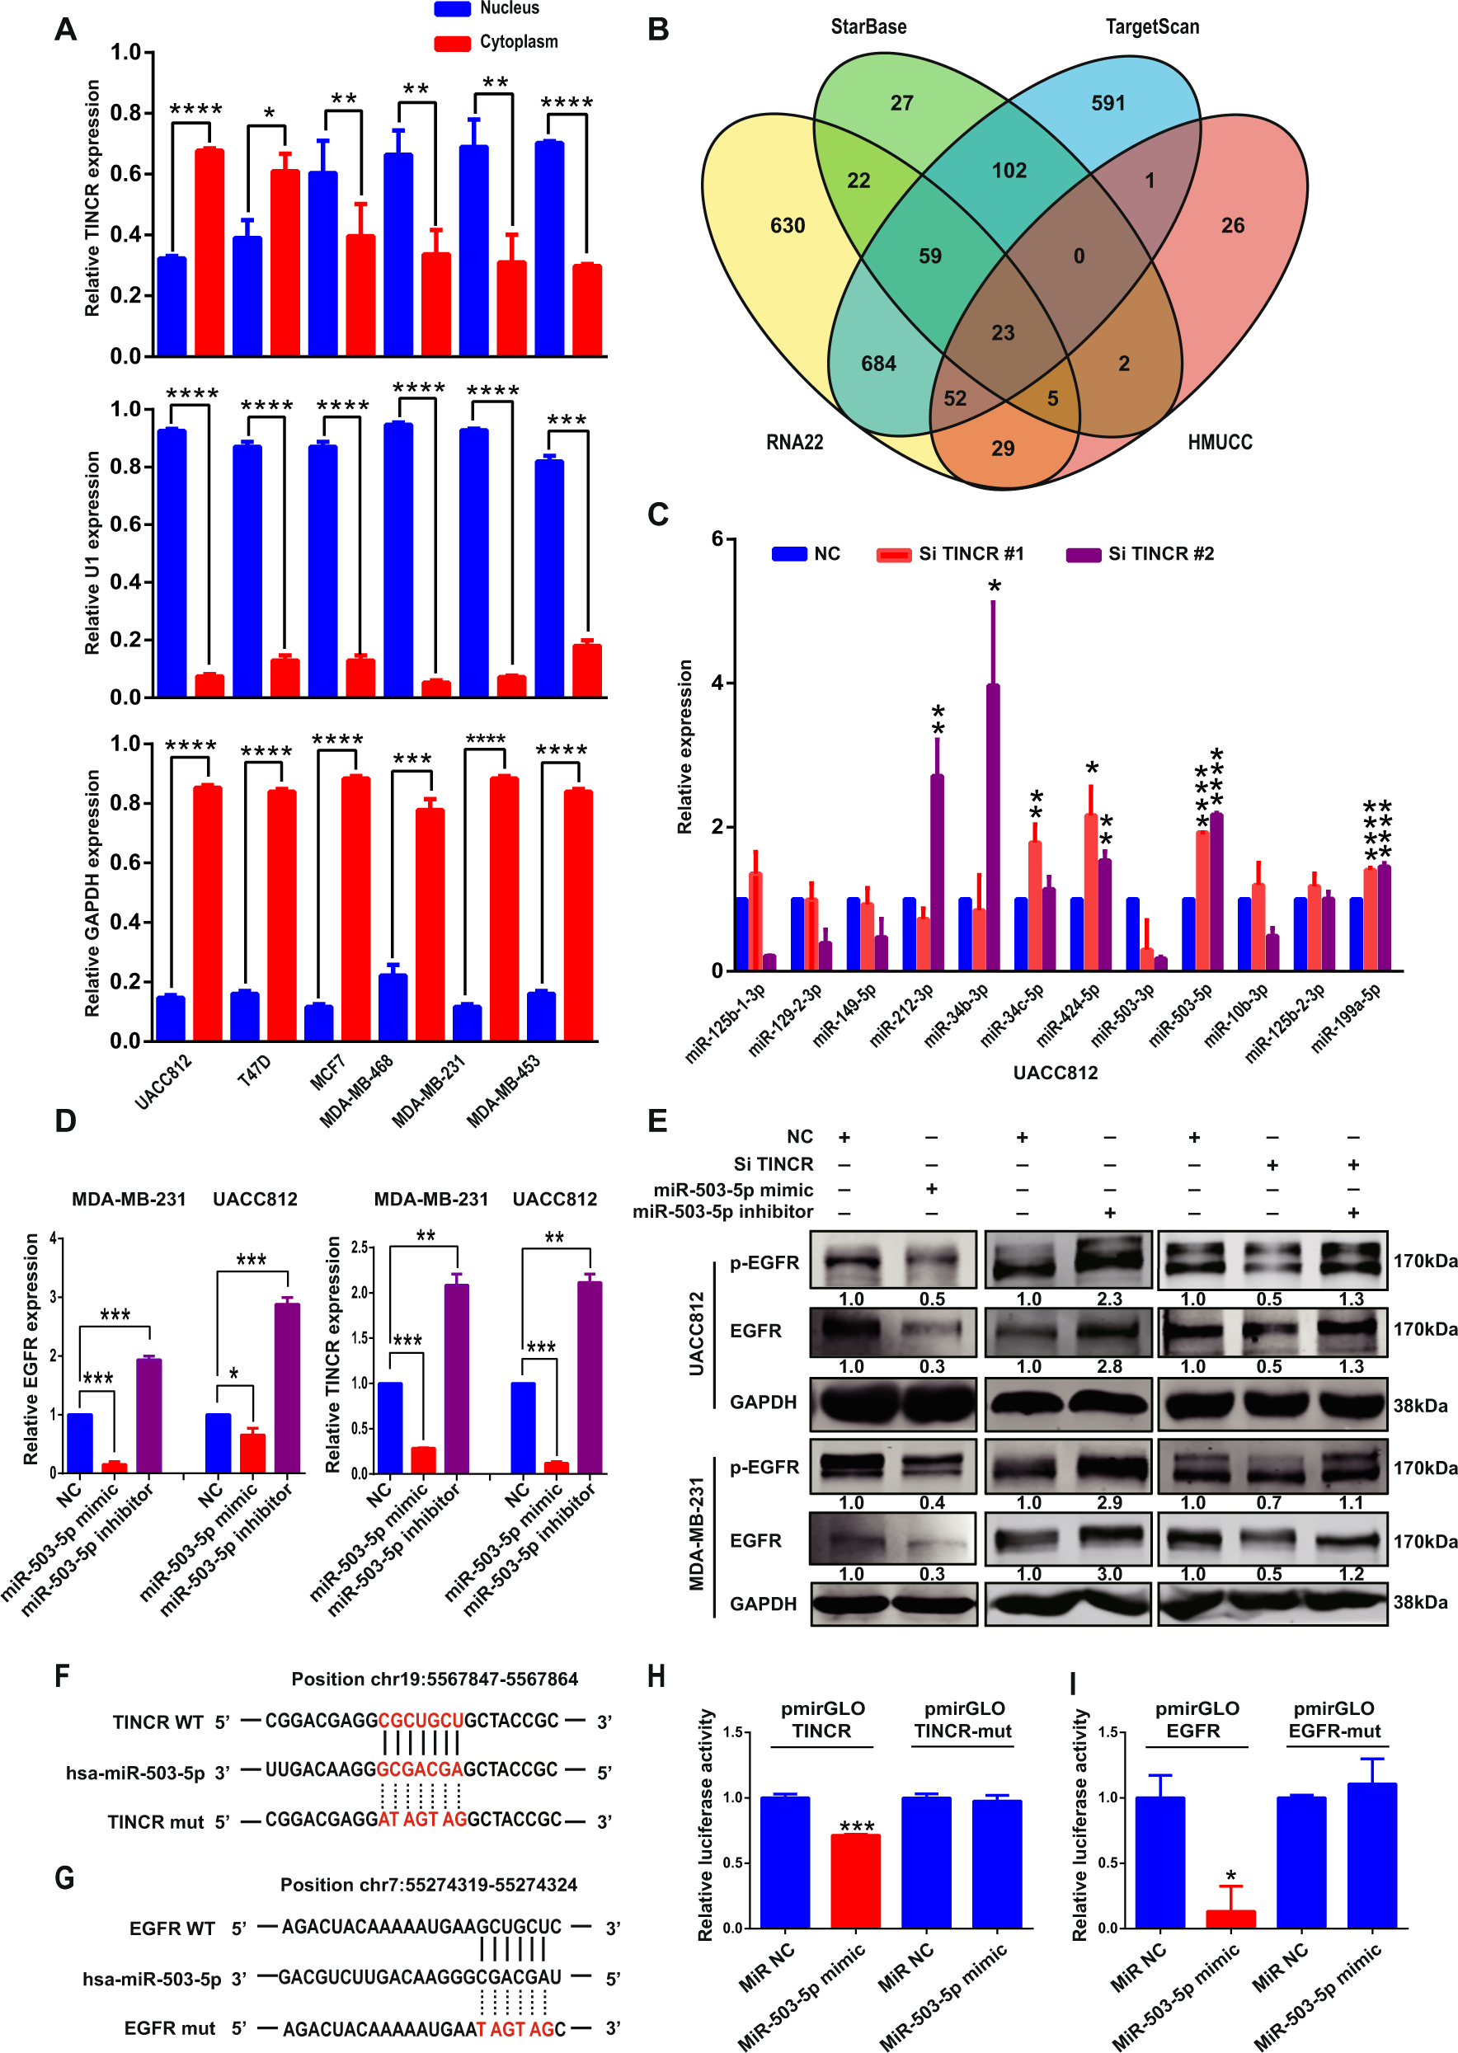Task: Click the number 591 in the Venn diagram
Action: coord(1108,103)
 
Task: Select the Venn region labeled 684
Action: coord(878,364)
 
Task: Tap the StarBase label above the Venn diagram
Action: coord(868,27)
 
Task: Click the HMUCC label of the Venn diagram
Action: coord(1219,442)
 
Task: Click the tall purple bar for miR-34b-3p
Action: coord(993,826)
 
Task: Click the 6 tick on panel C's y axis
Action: coord(717,538)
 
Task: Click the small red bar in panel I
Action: coord(1230,1919)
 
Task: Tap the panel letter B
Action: coord(658,31)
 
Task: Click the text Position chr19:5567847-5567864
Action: coord(435,1679)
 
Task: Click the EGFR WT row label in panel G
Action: coord(172,1929)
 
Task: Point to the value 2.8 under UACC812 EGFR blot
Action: coord(1109,1366)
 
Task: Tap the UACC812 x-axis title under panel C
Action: coord(1055,1073)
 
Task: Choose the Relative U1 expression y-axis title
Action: coord(92,552)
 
